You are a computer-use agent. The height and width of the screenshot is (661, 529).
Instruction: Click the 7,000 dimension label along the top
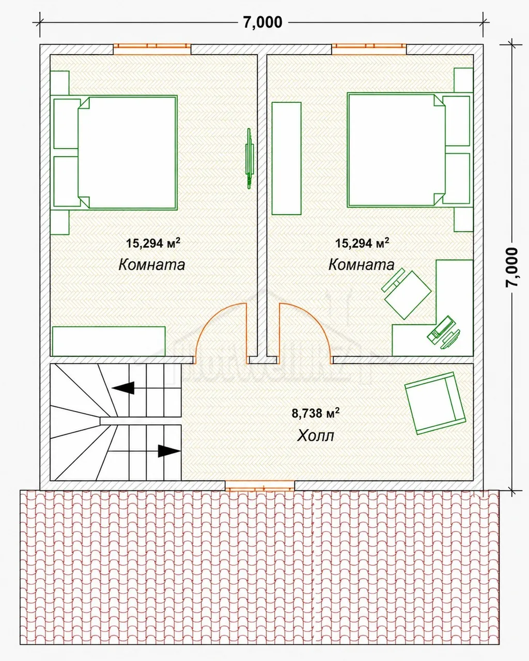point(263,22)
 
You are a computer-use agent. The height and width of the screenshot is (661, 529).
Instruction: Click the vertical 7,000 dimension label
point(512,267)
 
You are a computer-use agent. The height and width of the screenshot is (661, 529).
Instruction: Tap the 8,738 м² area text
point(316,413)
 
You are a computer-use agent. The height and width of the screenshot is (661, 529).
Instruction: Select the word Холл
point(316,435)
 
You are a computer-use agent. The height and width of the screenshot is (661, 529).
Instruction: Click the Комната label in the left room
point(152,265)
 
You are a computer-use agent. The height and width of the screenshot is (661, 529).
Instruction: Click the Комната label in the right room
point(362,264)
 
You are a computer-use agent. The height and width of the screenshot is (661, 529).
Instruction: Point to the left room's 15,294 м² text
point(153,243)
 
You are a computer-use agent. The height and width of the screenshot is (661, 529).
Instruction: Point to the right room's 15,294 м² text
point(362,243)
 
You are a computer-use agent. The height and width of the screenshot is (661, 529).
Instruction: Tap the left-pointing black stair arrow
point(123,388)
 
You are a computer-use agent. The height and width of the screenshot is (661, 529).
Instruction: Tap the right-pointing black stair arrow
point(169,451)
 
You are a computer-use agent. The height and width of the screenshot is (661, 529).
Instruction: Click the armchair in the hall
point(435,403)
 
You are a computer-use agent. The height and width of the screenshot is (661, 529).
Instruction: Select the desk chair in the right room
point(407,294)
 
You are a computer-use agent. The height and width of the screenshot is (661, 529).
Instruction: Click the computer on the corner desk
point(444,333)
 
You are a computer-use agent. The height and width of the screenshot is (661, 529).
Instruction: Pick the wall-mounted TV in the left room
point(250,158)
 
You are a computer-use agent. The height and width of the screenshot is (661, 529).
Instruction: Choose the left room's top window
point(152,50)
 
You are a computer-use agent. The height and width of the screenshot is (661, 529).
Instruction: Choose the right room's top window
point(369,50)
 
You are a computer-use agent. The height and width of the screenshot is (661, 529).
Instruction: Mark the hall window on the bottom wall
point(260,486)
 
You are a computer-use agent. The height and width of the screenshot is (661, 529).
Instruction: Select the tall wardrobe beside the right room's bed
point(287,159)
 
